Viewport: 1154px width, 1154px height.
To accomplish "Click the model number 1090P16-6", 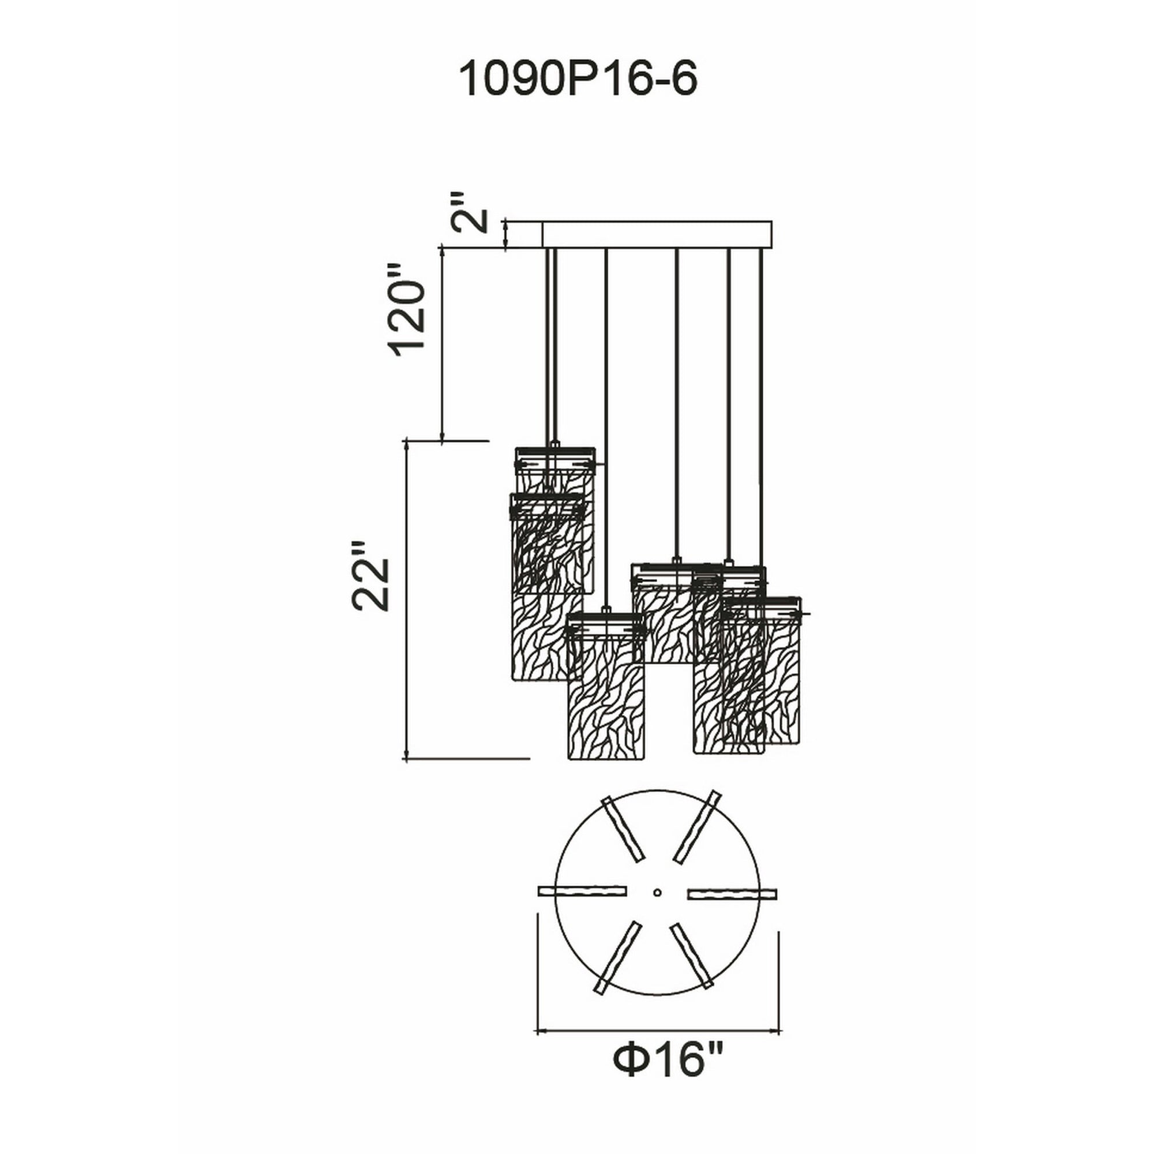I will click(577, 81).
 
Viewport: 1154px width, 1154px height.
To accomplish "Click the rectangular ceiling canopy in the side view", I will click(657, 234).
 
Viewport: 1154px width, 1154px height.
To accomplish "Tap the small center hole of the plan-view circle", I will click(657, 909).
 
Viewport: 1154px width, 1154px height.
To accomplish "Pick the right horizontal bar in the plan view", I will click(732, 910).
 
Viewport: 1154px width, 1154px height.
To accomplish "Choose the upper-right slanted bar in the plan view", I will click(696, 827).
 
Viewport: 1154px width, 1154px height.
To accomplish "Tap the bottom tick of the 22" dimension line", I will click(406, 759).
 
